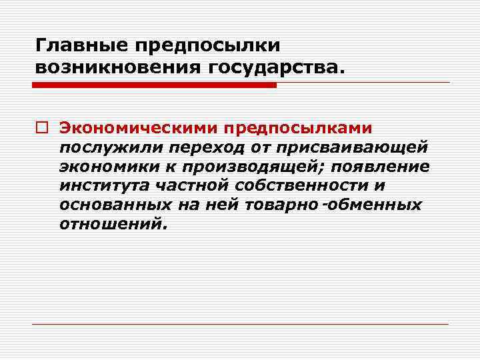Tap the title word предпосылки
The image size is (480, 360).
click(207, 46)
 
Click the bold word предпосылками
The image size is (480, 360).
click(299, 127)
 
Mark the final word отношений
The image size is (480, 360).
click(110, 223)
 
